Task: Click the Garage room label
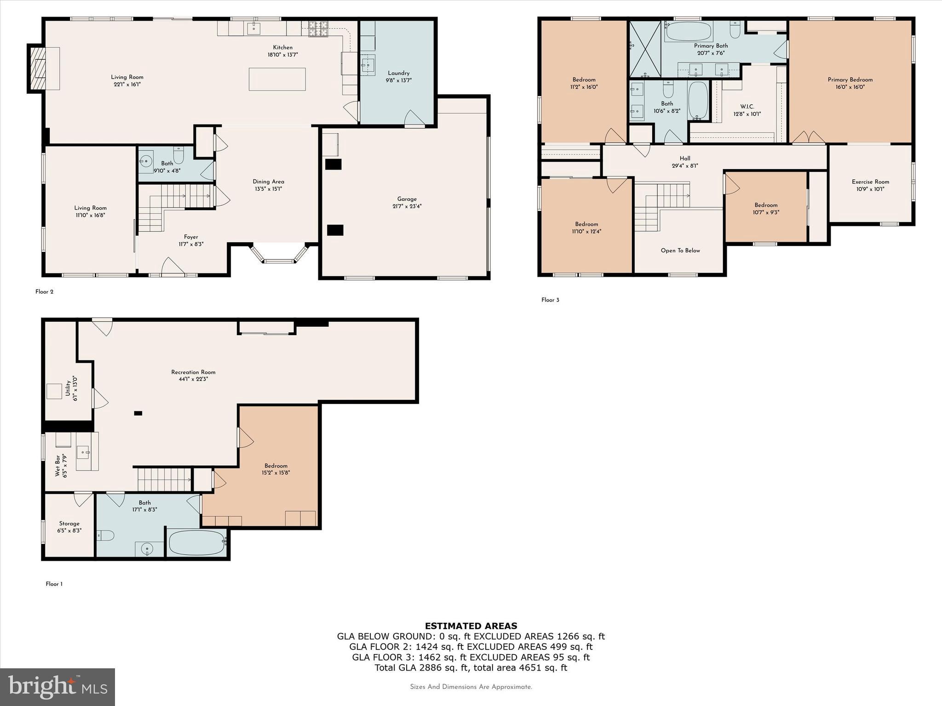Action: click(407, 203)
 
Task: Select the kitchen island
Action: click(277, 79)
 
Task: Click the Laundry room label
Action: click(398, 76)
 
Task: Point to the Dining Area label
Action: click(268, 185)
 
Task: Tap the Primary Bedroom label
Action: click(850, 83)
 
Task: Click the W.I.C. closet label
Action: click(747, 110)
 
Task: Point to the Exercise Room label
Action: click(870, 185)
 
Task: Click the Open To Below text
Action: click(680, 251)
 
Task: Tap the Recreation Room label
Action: click(193, 376)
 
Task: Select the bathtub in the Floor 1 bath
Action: click(197, 543)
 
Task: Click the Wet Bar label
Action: click(61, 466)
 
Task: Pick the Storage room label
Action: click(69, 527)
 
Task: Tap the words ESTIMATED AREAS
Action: click(471, 626)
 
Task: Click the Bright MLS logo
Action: click(57, 687)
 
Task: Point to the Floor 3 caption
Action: click(550, 300)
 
